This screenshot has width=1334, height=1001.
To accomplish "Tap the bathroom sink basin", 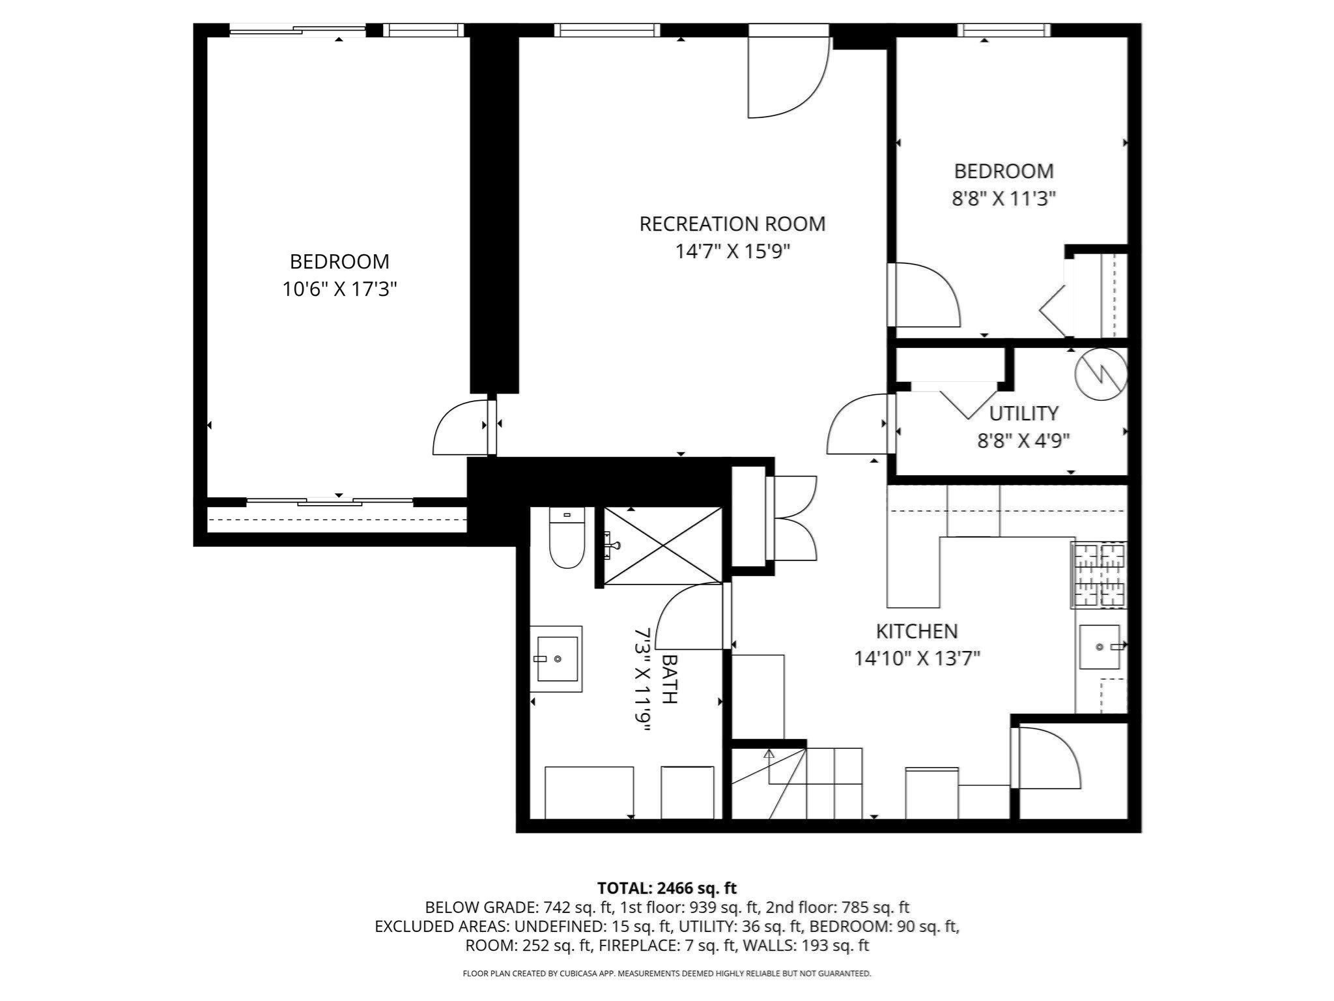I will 556,659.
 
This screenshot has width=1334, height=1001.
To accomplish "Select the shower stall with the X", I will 662,545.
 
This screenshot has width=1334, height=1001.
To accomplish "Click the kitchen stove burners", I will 1100,575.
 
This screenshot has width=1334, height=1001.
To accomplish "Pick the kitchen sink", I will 1100,647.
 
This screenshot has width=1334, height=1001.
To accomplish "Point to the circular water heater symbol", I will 1101,374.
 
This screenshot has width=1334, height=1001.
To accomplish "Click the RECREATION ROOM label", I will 732,224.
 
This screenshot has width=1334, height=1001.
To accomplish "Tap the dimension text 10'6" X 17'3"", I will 339,289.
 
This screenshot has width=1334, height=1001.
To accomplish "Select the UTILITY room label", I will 1023,413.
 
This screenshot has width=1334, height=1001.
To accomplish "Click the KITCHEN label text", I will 916,631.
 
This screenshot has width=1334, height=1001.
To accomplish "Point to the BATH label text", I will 669,678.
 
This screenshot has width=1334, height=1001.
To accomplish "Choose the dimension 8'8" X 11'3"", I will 1003,198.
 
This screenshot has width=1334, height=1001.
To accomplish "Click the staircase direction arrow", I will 769,756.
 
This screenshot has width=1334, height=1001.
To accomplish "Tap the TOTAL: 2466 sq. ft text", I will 666,888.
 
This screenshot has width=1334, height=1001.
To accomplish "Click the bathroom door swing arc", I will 690,617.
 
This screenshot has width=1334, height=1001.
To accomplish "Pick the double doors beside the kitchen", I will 792,519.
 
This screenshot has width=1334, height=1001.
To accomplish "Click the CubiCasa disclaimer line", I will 666,974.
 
